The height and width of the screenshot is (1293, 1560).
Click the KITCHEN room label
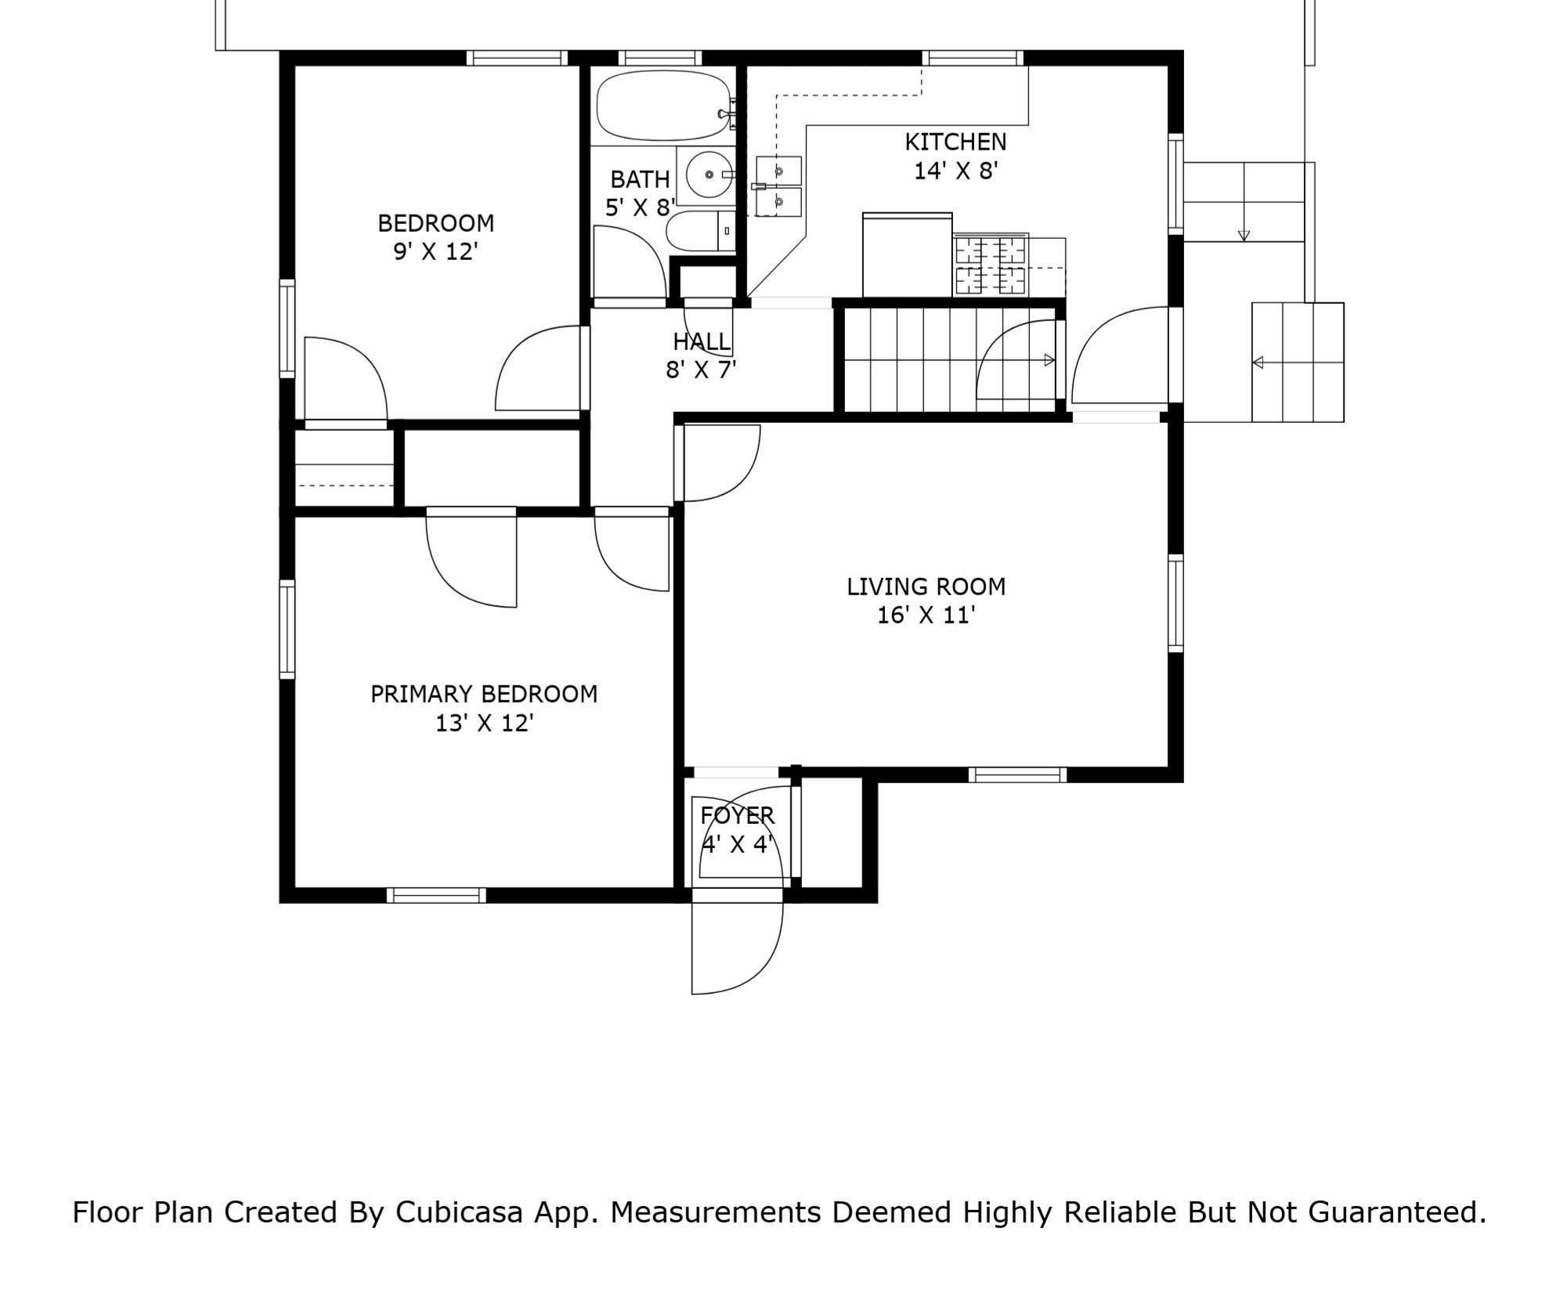pyautogui.click(x=955, y=142)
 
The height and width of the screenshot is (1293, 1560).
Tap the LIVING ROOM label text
pyautogui.click(x=926, y=587)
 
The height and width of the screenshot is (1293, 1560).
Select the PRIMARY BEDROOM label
pyautogui.click(x=484, y=694)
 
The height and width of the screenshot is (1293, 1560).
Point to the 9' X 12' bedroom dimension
pyautogui.click(x=435, y=252)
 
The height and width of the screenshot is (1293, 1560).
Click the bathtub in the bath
pyautogui.click(x=666, y=107)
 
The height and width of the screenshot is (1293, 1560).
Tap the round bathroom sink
pyautogui.click(x=710, y=175)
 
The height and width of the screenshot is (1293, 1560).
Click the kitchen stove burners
pyautogui.click(x=990, y=265)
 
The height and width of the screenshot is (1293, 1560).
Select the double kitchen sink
pyautogui.click(x=778, y=187)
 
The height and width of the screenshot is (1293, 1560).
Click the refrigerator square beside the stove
pyautogui.click(x=908, y=255)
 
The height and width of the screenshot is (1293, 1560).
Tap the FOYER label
pyautogui.click(x=737, y=816)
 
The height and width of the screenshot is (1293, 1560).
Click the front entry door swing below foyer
pyautogui.click(x=736, y=948)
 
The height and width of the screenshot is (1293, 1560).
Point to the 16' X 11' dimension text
pyautogui.click(x=926, y=616)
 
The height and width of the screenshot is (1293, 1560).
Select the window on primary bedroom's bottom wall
pyautogui.click(x=436, y=895)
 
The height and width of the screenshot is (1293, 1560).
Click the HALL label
pyautogui.click(x=702, y=341)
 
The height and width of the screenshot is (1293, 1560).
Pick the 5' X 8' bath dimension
pyautogui.click(x=640, y=208)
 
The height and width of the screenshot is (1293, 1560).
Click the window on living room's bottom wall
pyautogui.click(x=1017, y=775)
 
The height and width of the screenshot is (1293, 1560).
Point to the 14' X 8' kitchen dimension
pyautogui.click(x=955, y=171)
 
